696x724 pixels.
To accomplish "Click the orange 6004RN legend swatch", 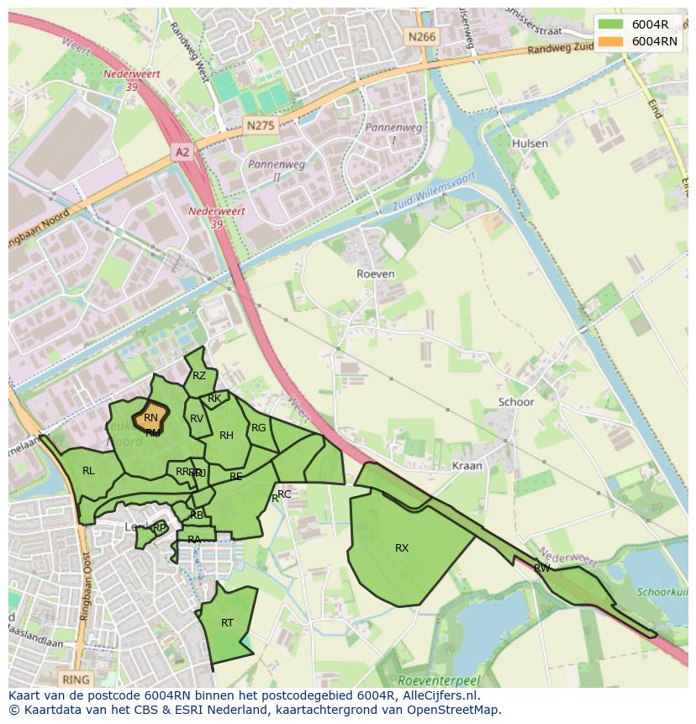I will tap(611, 40).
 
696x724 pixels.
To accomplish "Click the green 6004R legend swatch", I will tap(611, 24).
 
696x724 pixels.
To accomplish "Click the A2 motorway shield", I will tap(182, 151).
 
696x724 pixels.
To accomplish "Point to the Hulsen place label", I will tap(530, 144).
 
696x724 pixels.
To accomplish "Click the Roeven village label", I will tap(375, 274).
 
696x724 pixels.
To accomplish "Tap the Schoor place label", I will tap(516, 402).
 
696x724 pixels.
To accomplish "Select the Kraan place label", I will tap(467, 465).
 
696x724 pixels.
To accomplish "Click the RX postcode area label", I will tap(402, 548).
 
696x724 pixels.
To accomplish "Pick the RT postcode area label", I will tap(227, 623).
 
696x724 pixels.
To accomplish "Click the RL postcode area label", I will tap(88, 471).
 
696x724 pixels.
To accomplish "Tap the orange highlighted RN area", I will tap(151, 417).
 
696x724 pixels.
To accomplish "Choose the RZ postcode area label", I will tap(199, 376).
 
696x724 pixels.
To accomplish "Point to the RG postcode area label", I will tap(258, 428).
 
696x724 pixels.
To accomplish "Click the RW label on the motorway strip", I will tap(542, 568).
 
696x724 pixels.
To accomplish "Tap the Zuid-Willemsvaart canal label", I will tap(435, 193).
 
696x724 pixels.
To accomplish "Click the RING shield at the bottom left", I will tap(76, 679).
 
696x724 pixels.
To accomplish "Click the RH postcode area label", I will tap(226, 436).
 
